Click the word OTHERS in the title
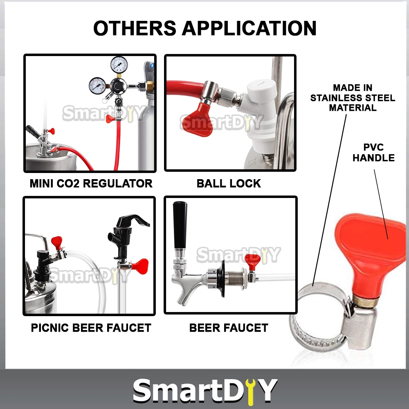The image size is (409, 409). tap(135, 28)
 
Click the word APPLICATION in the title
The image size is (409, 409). tap(249, 28)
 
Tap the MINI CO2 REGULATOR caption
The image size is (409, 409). tap(91, 183)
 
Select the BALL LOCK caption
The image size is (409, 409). tap(229, 183)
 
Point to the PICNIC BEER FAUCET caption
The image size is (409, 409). tap(91, 328)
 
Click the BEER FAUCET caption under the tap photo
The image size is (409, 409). tap(229, 328)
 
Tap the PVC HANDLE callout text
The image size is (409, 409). tap(373, 153)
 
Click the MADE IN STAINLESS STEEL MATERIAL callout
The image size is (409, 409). tap(353, 98)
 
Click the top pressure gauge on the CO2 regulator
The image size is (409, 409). tap(119, 65)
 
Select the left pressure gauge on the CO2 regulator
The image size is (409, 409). tap(97, 85)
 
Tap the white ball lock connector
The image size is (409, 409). tap(258, 110)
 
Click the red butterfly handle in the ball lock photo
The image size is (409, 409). tap(198, 120)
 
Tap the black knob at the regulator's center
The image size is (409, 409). tap(119, 85)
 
